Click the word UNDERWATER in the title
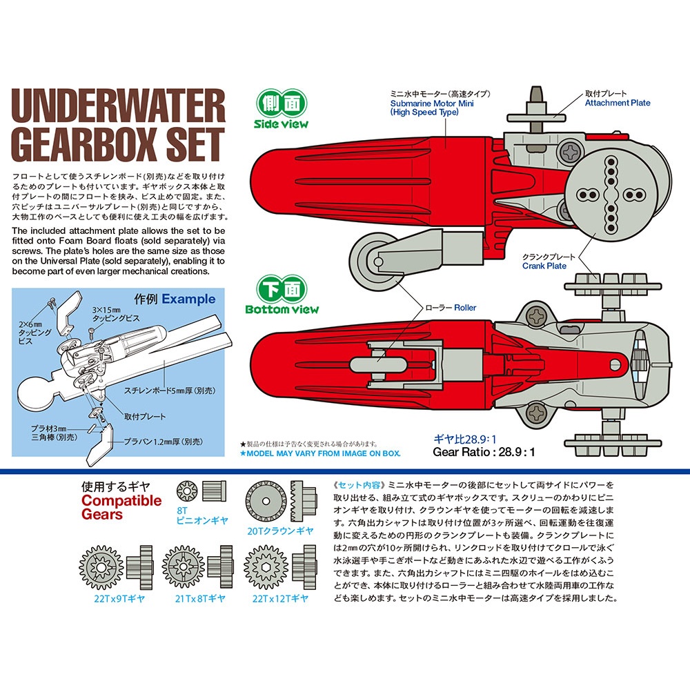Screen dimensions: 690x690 click(118, 106)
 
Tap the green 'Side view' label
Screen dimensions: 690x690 click(282, 124)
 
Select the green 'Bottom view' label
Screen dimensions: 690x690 click(282, 309)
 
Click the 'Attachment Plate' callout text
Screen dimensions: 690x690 click(618, 103)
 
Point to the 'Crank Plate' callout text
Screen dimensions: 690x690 click(544, 266)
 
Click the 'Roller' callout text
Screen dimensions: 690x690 click(465, 308)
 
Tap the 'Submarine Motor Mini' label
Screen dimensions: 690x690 click(432, 103)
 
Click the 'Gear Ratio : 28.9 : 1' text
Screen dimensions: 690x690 click(484, 452)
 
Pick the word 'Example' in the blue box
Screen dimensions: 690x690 click(188, 299)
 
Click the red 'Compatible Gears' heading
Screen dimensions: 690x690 click(121, 507)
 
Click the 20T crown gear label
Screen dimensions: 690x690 click(280, 531)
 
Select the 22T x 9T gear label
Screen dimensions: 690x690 click(119, 599)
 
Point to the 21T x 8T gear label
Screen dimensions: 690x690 click(200, 599)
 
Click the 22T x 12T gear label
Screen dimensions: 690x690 click(280, 599)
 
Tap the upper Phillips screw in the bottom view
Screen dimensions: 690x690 click(536, 315)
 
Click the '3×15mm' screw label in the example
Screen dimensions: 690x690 click(106, 310)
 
